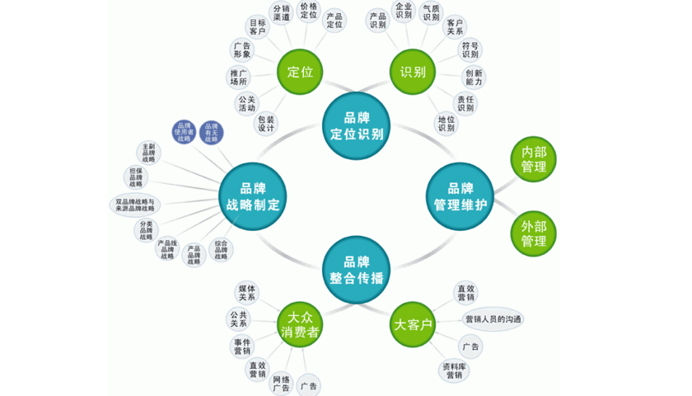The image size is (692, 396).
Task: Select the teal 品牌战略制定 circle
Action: [x=251, y=196]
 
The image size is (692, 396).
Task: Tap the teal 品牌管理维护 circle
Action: [x=460, y=196]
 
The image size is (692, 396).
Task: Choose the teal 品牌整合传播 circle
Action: [x=355, y=267]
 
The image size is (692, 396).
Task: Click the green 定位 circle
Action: [x=300, y=71]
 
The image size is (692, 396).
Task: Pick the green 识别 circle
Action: [x=412, y=71]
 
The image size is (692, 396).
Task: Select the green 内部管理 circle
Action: [x=533, y=160]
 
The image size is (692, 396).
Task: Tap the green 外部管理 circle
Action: [x=533, y=233]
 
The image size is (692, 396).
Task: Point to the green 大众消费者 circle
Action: [x=300, y=323]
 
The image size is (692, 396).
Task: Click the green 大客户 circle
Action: [x=412, y=324]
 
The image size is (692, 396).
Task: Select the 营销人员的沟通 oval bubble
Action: [x=493, y=319]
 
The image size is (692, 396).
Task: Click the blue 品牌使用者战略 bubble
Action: [x=183, y=133]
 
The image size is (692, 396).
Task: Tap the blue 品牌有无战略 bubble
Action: [x=211, y=133]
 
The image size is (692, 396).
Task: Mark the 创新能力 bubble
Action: [x=474, y=78]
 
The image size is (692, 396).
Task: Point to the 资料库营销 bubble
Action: [x=454, y=370]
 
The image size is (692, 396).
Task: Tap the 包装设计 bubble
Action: [x=265, y=125]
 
